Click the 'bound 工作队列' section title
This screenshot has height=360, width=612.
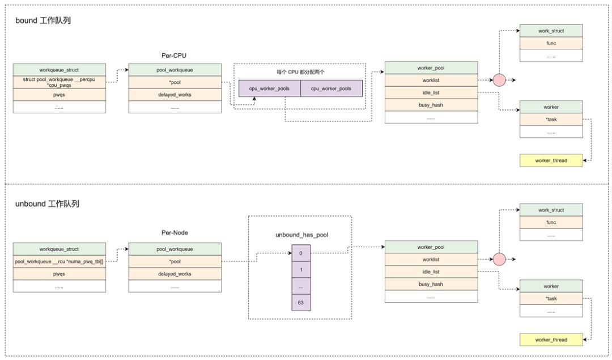(x=43, y=20)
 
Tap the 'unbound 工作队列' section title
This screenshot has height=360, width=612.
(x=47, y=204)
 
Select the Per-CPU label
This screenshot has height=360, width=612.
(x=174, y=56)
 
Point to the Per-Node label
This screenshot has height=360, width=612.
(x=175, y=232)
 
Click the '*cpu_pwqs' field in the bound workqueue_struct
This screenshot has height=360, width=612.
(x=59, y=82)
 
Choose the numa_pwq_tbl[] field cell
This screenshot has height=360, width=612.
(x=59, y=261)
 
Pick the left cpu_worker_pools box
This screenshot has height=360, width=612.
(x=270, y=88)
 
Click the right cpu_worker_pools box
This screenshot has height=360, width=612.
(x=331, y=88)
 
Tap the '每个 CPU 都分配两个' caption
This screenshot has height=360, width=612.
(x=300, y=72)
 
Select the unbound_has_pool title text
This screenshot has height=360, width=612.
(x=301, y=235)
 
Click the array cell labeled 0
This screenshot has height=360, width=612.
(x=301, y=253)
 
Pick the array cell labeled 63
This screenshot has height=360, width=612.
(x=301, y=303)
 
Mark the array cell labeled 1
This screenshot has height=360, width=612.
(x=301, y=269)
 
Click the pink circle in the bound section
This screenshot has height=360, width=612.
(x=499, y=80)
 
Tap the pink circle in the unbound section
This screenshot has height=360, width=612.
(x=499, y=259)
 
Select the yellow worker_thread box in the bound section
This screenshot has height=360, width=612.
(x=551, y=160)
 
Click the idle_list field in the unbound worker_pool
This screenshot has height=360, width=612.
(x=431, y=272)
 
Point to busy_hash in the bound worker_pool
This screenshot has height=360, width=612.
(x=431, y=105)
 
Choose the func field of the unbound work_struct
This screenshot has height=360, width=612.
(x=551, y=222)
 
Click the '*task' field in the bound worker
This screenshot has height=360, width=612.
(x=551, y=120)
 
